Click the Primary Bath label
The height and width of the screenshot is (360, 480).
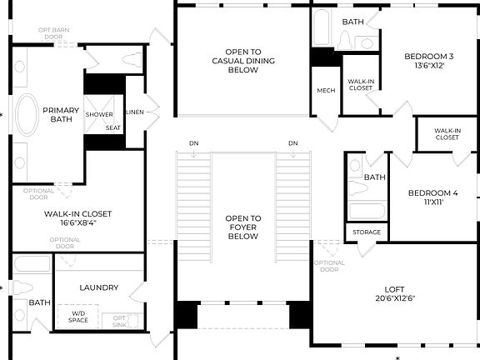pyautogui.click(x=61, y=115)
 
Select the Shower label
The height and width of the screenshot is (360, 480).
pyautogui.click(x=98, y=114)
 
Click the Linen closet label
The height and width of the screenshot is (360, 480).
pyautogui.click(x=134, y=111)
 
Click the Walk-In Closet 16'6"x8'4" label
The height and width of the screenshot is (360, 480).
pyautogui.click(x=77, y=218)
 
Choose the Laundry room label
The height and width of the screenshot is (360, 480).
pyautogui.click(x=98, y=287)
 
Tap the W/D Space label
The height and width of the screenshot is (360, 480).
pyautogui.click(x=77, y=317)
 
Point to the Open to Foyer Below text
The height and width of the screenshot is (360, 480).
pyautogui.click(x=243, y=227)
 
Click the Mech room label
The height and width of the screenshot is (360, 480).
pyautogui.click(x=325, y=90)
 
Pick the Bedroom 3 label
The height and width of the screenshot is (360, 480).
pyautogui.click(x=430, y=61)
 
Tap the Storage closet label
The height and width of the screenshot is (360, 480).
pyautogui.click(x=367, y=232)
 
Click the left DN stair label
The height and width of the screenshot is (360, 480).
pyautogui.click(x=193, y=143)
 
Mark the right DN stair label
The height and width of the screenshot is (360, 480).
pyautogui.click(x=292, y=143)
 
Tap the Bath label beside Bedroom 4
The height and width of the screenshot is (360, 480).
pyautogui.click(x=374, y=177)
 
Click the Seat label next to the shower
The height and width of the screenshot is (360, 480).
pyautogui.click(x=112, y=127)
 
